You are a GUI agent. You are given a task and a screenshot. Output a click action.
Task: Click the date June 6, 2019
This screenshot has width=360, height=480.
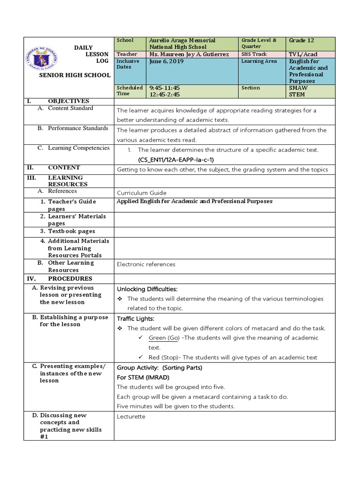166,61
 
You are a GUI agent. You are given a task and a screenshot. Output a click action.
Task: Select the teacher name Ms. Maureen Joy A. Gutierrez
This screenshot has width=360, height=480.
189,54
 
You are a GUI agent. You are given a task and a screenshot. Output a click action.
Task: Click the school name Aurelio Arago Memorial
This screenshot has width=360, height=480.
182,40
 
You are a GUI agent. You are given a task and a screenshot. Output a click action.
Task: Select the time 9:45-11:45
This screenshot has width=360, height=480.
165,88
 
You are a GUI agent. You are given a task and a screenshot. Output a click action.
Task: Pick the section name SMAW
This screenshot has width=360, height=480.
299,88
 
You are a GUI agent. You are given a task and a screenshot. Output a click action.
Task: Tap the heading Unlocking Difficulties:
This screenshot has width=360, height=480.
147,289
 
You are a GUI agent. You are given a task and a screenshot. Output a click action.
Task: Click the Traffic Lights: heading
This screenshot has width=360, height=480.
135,318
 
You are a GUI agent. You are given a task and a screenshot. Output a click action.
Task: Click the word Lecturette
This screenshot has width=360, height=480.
131,416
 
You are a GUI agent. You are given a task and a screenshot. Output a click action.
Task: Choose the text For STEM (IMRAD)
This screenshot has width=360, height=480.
143,377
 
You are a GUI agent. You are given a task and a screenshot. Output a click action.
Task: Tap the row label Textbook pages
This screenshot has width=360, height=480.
71,231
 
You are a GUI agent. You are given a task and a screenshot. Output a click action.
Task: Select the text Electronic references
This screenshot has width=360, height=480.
146,264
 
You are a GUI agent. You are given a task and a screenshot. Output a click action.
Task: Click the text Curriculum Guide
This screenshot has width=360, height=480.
142,193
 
